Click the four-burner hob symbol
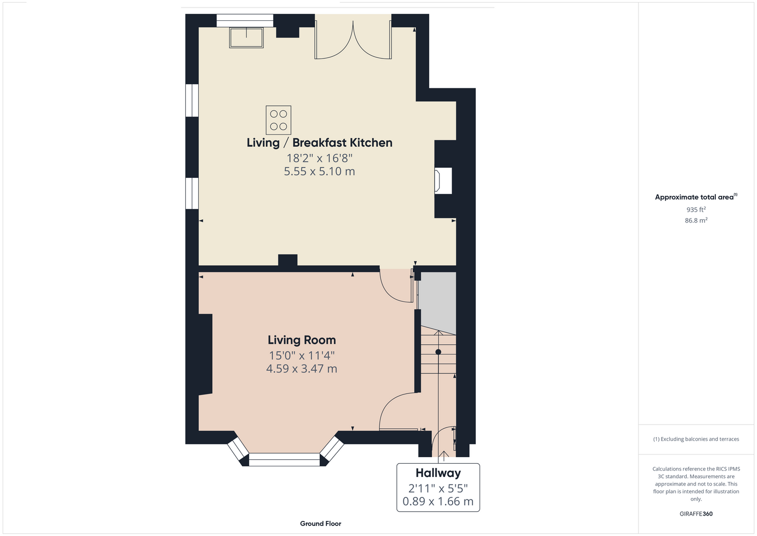pyautogui.click(x=279, y=120)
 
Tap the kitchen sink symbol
pyautogui.click(x=246, y=38)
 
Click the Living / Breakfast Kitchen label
pyautogui.click(x=319, y=143)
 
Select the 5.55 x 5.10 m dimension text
pyautogui.click(x=319, y=172)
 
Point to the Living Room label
pyautogui.click(x=302, y=340)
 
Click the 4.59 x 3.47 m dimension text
pyautogui.click(x=302, y=368)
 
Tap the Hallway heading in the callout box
pyautogui.click(x=438, y=473)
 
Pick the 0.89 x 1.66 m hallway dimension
pyautogui.click(x=438, y=501)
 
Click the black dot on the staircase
pyautogui.click(x=438, y=352)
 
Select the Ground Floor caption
pyautogui.click(x=321, y=524)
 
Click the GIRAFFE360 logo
pyautogui.click(x=696, y=513)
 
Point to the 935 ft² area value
pyautogui.click(x=696, y=210)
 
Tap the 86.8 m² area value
pyautogui.click(x=696, y=220)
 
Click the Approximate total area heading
pyautogui.click(x=696, y=197)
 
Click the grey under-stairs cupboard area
pyautogui.click(x=438, y=301)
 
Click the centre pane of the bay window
pyautogui.click(x=284, y=459)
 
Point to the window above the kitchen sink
pyautogui.click(x=245, y=20)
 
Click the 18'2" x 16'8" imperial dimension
pyautogui.click(x=319, y=158)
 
